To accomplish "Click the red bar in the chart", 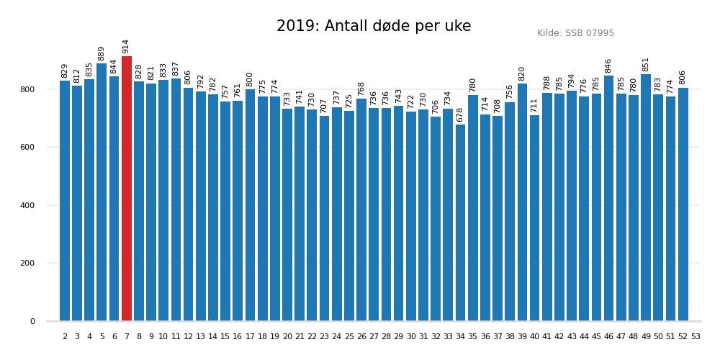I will point(127,189).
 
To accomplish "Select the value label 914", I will point(126,46).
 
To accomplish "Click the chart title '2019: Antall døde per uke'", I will point(374,27).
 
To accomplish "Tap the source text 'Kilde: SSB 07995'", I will point(575,33).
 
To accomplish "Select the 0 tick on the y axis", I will point(32,321).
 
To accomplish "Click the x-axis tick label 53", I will point(696,336).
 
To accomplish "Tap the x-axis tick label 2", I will point(65,336).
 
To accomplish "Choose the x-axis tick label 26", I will point(361,336).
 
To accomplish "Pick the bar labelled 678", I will point(460,223).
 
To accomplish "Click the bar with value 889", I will point(102,192).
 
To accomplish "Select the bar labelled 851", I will point(646,198).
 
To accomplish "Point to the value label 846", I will point(608,66).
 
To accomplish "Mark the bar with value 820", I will point(522,202).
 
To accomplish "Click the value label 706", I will point(436,107).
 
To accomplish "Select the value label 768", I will point(361,89).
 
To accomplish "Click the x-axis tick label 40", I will point(534,336).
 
